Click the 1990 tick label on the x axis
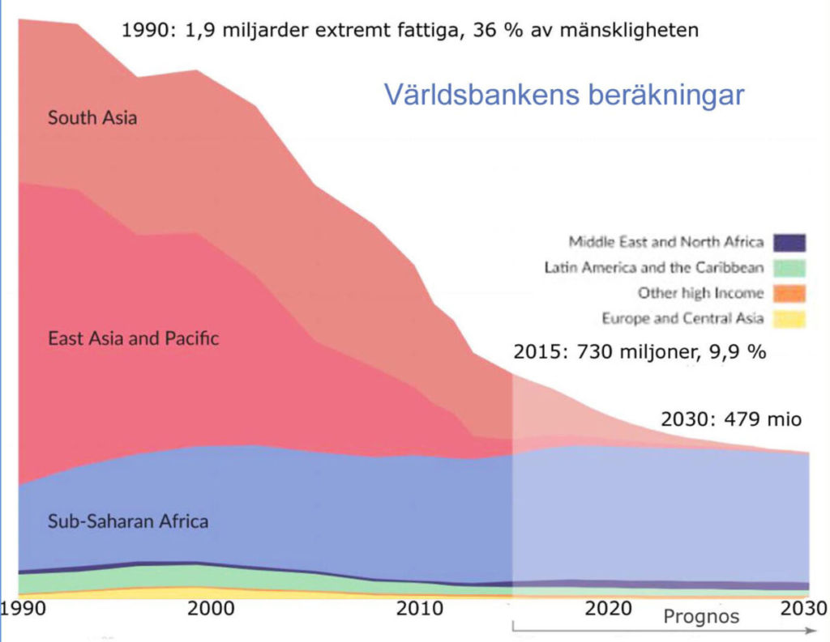tap(22, 607)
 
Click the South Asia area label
tap(92, 117)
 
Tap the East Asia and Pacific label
tap(133, 338)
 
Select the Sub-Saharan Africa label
tap(127, 521)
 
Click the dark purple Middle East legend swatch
tap(789, 241)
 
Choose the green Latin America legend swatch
tap(789, 267)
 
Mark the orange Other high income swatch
tap(789, 293)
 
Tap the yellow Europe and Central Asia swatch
tap(789, 318)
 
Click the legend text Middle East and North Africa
tap(665, 241)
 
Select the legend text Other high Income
tap(700, 293)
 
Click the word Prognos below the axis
tap(701, 617)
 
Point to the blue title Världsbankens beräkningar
tap(564, 94)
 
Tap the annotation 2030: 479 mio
tap(731, 419)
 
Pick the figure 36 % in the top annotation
tap(496, 31)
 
